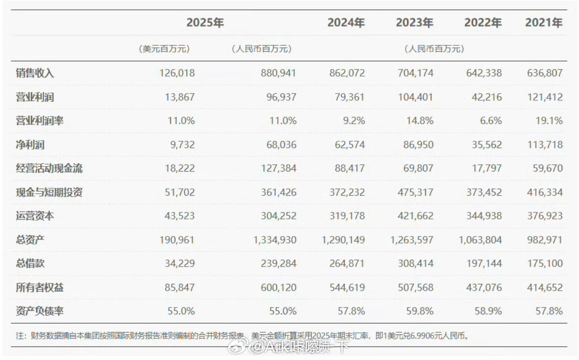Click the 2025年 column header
point(205,23)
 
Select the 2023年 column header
point(414,23)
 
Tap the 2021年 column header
point(544,23)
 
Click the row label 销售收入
point(35,73)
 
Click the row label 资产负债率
point(40,311)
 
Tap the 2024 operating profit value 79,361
point(347,97)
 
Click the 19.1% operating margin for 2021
point(550,120)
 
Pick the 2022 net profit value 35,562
point(485,145)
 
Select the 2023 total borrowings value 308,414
point(416,263)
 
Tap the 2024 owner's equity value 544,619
point(347,287)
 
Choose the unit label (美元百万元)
point(165,49)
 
